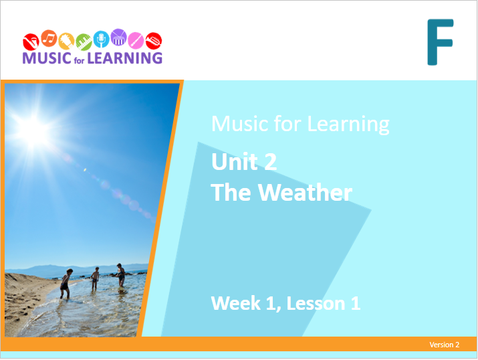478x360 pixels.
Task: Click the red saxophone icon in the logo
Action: point(31,41)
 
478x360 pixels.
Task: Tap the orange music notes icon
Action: point(49,38)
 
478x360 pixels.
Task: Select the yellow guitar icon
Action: point(66,41)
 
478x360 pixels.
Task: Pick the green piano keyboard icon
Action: point(84,41)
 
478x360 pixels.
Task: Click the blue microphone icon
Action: point(101,39)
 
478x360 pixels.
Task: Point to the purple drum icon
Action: point(118,37)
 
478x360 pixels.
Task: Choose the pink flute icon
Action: point(136,41)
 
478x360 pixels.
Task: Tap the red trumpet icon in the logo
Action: point(154,41)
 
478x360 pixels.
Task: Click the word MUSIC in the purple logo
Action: point(47,58)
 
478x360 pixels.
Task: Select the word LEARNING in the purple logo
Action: point(125,58)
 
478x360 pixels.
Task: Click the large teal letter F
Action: point(441,42)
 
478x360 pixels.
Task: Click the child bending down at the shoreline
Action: point(65,284)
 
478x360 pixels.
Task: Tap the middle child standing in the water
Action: point(96,278)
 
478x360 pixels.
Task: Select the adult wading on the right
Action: point(120,276)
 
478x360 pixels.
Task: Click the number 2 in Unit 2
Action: point(270,162)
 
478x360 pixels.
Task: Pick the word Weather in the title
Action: point(305,193)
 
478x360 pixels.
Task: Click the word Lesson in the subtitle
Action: point(316,303)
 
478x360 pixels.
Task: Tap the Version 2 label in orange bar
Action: point(444,345)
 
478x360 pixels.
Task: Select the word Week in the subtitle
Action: point(235,303)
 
